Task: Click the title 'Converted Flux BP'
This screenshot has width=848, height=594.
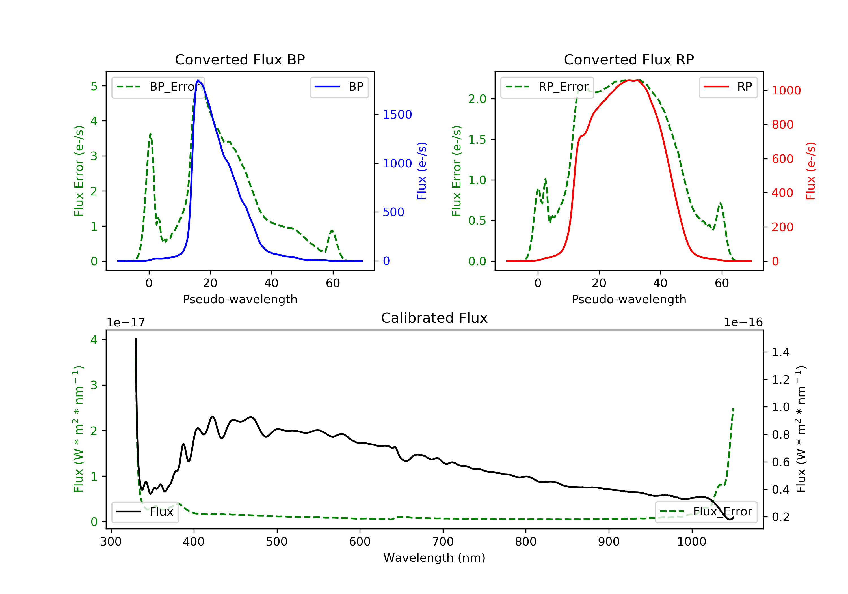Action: [240, 59]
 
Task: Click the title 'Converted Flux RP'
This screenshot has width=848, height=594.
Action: [629, 59]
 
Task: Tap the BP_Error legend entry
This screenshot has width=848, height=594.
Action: [158, 87]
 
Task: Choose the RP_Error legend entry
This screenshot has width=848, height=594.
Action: [547, 87]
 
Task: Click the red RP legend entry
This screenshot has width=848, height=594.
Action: [728, 87]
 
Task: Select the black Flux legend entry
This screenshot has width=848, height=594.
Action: [145, 512]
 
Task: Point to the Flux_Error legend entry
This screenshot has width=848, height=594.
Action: [706, 512]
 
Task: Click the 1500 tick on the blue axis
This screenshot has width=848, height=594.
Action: [397, 115]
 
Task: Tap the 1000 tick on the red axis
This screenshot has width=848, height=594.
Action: [786, 91]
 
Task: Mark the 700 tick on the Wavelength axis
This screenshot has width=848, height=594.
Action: [443, 542]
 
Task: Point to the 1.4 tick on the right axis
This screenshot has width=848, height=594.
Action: [780, 352]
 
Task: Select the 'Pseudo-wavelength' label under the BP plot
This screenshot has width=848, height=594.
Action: [240, 299]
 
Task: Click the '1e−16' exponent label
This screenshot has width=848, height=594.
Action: [743, 322]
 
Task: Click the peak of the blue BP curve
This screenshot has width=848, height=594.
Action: [198, 80]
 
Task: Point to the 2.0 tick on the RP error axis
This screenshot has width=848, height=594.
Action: [477, 99]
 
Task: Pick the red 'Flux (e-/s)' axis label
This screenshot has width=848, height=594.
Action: [810, 171]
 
